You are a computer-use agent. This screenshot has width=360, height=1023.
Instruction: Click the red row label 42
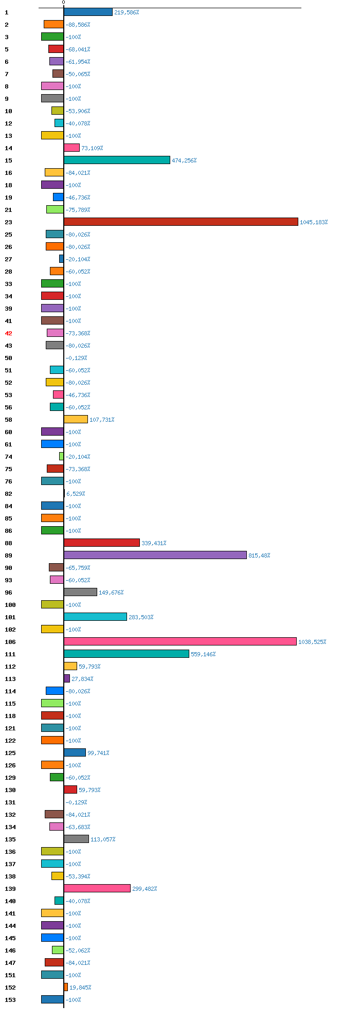(8, 333)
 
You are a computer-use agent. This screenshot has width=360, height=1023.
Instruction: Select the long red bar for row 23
(181, 222)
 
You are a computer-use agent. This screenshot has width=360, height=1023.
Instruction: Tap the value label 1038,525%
(312, 642)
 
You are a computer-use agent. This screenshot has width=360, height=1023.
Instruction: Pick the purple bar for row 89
(155, 555)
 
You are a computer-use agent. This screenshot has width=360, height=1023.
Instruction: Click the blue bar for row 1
(88, 12)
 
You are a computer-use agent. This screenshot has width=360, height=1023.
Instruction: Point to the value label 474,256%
(184, 160)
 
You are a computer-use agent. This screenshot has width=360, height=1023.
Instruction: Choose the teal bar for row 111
(127, 654)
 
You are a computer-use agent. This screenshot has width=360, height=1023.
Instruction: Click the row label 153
(10, 999)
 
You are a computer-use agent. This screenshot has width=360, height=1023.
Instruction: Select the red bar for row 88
(102, 543)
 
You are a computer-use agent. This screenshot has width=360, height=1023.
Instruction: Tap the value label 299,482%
(145, 888)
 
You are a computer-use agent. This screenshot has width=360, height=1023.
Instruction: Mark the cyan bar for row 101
(95, 617)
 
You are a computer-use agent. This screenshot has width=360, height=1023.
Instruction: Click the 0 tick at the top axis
(64, 3)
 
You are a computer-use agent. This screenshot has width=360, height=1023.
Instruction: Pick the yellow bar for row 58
(76, 419)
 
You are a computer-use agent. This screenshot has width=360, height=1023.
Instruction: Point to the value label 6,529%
(76, 494)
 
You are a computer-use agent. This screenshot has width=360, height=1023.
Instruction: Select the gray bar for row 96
(80, 592)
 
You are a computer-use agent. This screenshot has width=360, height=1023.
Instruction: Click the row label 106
(10, 642)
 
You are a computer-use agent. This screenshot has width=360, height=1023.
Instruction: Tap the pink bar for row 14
(71, 148)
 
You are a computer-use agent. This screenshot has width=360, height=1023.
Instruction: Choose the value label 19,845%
(80, 987)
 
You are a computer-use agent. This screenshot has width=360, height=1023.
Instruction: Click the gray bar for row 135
(76, 839)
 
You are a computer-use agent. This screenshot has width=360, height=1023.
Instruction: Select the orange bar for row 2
(53, 24)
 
